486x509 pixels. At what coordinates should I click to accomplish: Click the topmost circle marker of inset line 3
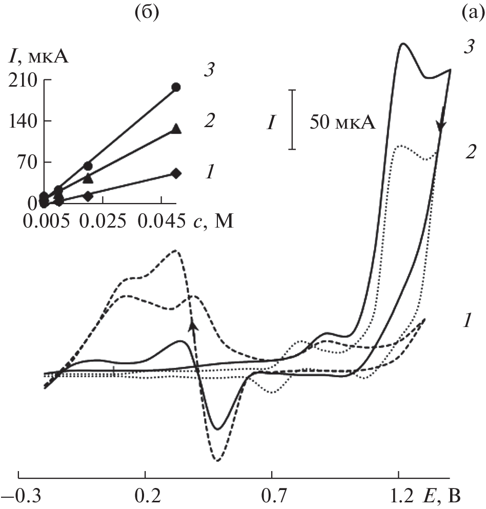(x=176, y=87)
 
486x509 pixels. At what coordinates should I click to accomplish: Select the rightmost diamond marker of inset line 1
(x=176, y=173)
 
